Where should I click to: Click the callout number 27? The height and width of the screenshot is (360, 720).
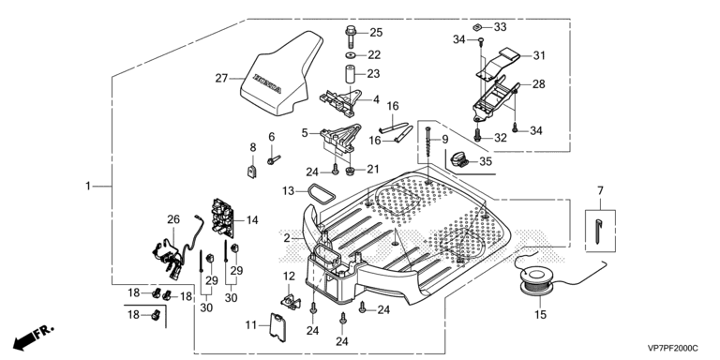(x=222, y=79)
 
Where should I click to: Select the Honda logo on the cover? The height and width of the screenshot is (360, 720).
(x=267, y=84)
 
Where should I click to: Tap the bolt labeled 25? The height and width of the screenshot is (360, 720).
(x=351, y=37)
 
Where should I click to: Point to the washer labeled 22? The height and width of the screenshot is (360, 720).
(x=351, y=55)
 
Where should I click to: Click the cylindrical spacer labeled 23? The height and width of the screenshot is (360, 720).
(x=352, y=75)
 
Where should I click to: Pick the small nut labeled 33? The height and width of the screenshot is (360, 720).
(x=478, y=26)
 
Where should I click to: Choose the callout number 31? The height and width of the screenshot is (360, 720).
(x=539, y=55)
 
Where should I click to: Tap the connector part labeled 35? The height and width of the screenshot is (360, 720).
(x=459, y=158)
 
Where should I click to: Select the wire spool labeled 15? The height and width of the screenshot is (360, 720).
(x=535, y=281)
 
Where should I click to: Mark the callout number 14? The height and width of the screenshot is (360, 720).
(x=252, y=220)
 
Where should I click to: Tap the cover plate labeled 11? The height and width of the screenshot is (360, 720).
(x=277, y=326)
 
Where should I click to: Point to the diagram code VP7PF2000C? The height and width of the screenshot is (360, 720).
(x=673, y=349)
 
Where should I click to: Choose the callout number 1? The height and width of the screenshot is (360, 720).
(x=88, y=186)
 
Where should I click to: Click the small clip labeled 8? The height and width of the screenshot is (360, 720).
(x=252, y=172)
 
